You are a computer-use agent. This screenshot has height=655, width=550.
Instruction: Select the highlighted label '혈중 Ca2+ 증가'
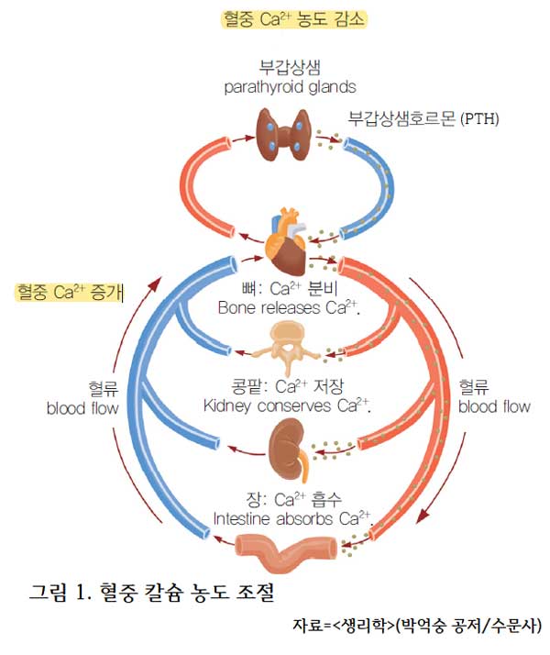(70, 292)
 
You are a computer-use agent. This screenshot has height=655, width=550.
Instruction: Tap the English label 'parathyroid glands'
(290, 87)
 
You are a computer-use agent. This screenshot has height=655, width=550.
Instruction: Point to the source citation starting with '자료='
(416, 627)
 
